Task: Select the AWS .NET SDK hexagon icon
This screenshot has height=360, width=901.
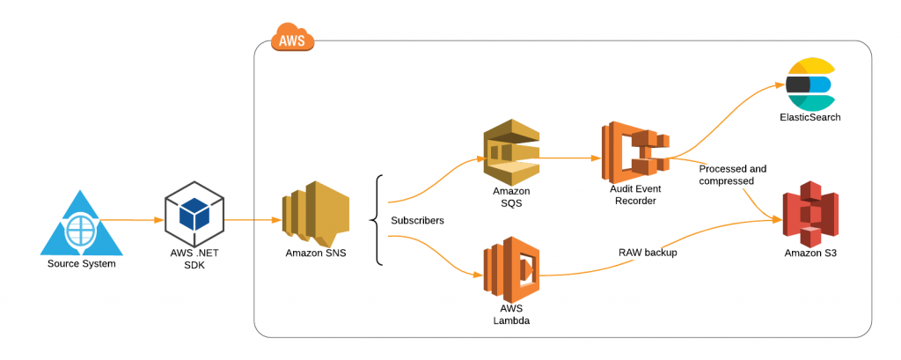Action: pyautogui.click(x=194, y=215)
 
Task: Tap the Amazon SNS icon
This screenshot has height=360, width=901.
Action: pyautogui.click(x=315, y=214)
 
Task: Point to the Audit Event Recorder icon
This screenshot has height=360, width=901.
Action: pyautogui.click(x=634, y=152)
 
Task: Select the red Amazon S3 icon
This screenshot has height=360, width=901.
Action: pyautogui.click(x=810, y=213)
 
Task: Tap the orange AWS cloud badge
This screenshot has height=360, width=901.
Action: pyautogui.click(x=292, y=40)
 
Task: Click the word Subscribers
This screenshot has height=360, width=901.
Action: pyautogui.click(x=417, y=220)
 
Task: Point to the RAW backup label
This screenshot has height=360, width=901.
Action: pyautogui.click(x=648, y=252)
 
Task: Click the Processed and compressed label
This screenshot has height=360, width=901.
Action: pyautogui.click(x=732, y=174)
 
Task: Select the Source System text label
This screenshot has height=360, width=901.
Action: pyautogui.click(x=81, y=263)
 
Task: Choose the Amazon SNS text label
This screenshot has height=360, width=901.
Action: pyautogui.click(x=315, y=253)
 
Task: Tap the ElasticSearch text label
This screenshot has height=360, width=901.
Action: pyautogui.click(x=809, y=117)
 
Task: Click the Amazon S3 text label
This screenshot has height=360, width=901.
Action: pyautogui.click(x=811, y=253)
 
